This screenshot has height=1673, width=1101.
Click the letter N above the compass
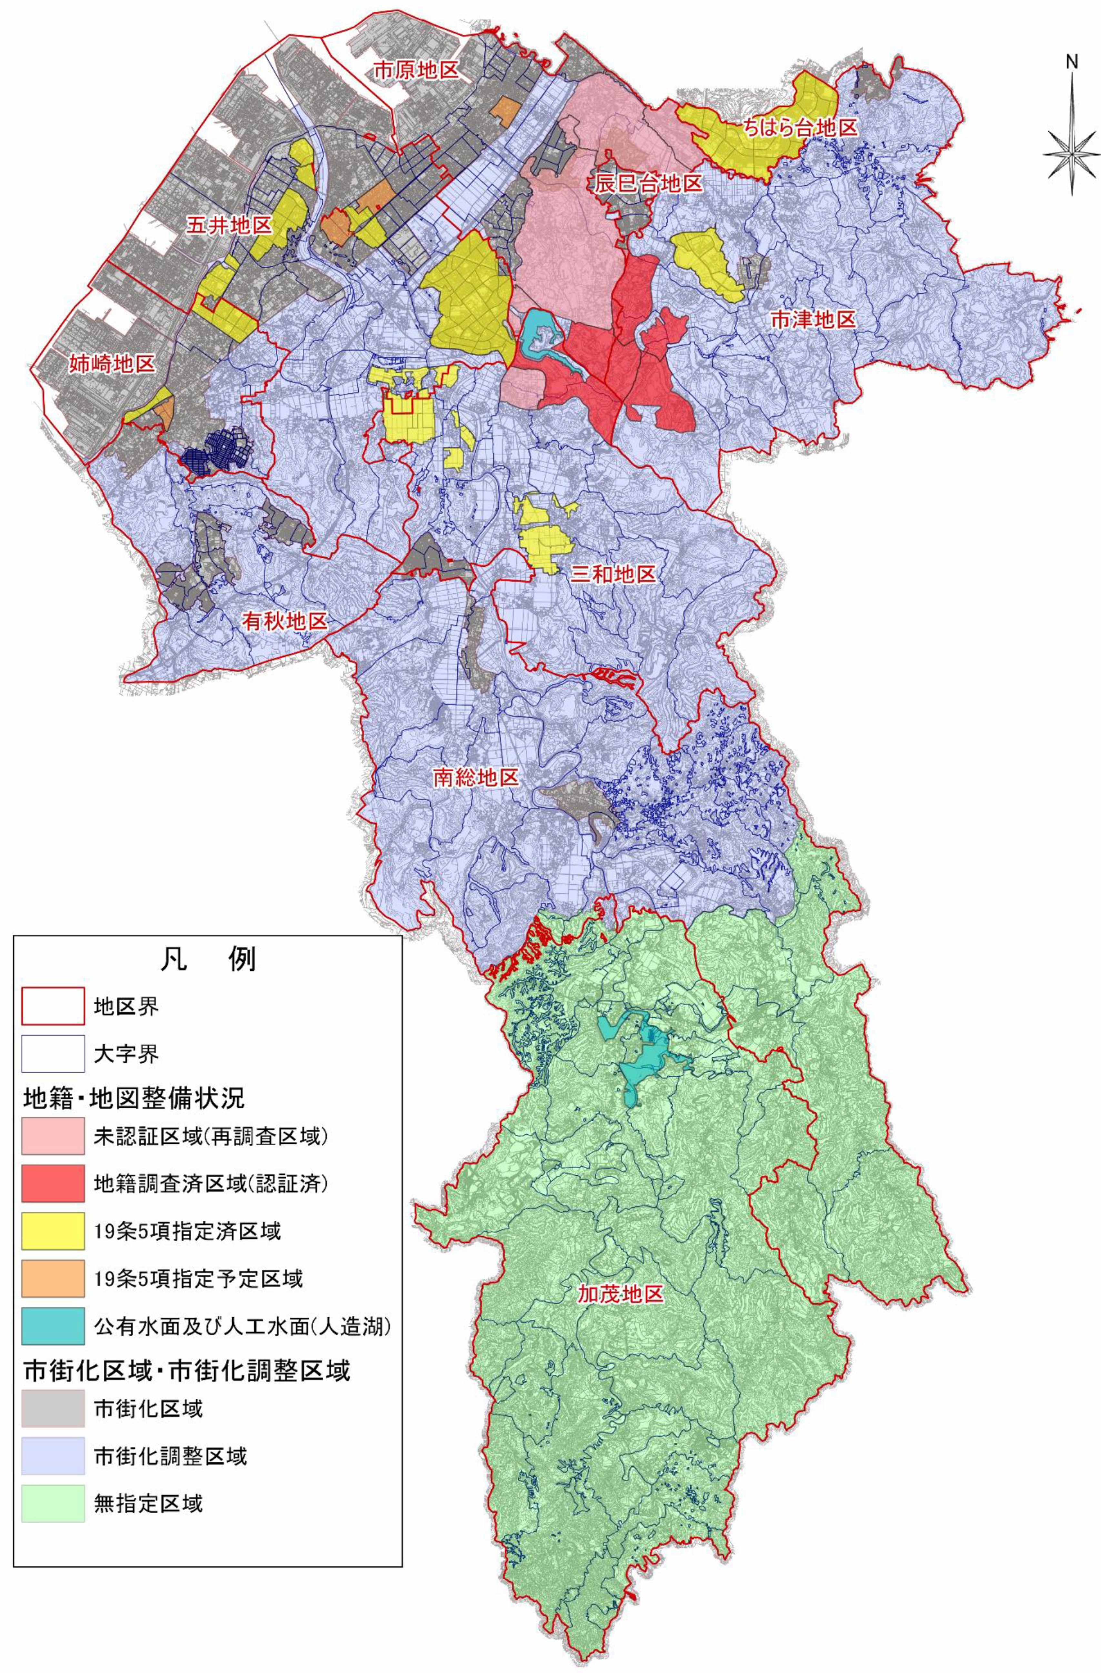pos(1072,62)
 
